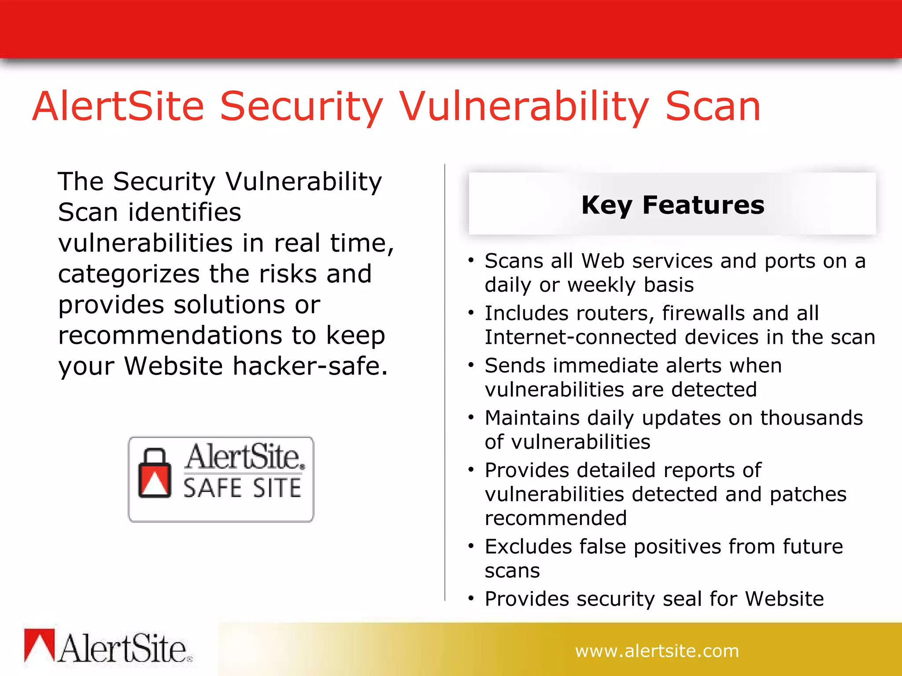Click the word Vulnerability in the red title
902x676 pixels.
524,107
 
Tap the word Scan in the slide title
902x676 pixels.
713,107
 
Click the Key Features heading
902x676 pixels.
672,205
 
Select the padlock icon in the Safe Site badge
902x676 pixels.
155,474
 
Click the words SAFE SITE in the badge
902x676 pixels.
242,489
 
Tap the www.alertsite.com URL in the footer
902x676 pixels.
657,651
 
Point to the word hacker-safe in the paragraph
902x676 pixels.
310,366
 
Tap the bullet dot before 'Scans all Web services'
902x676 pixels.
471,261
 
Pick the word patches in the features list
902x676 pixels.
808,494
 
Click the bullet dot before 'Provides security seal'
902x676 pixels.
471,599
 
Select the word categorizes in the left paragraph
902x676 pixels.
129,274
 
